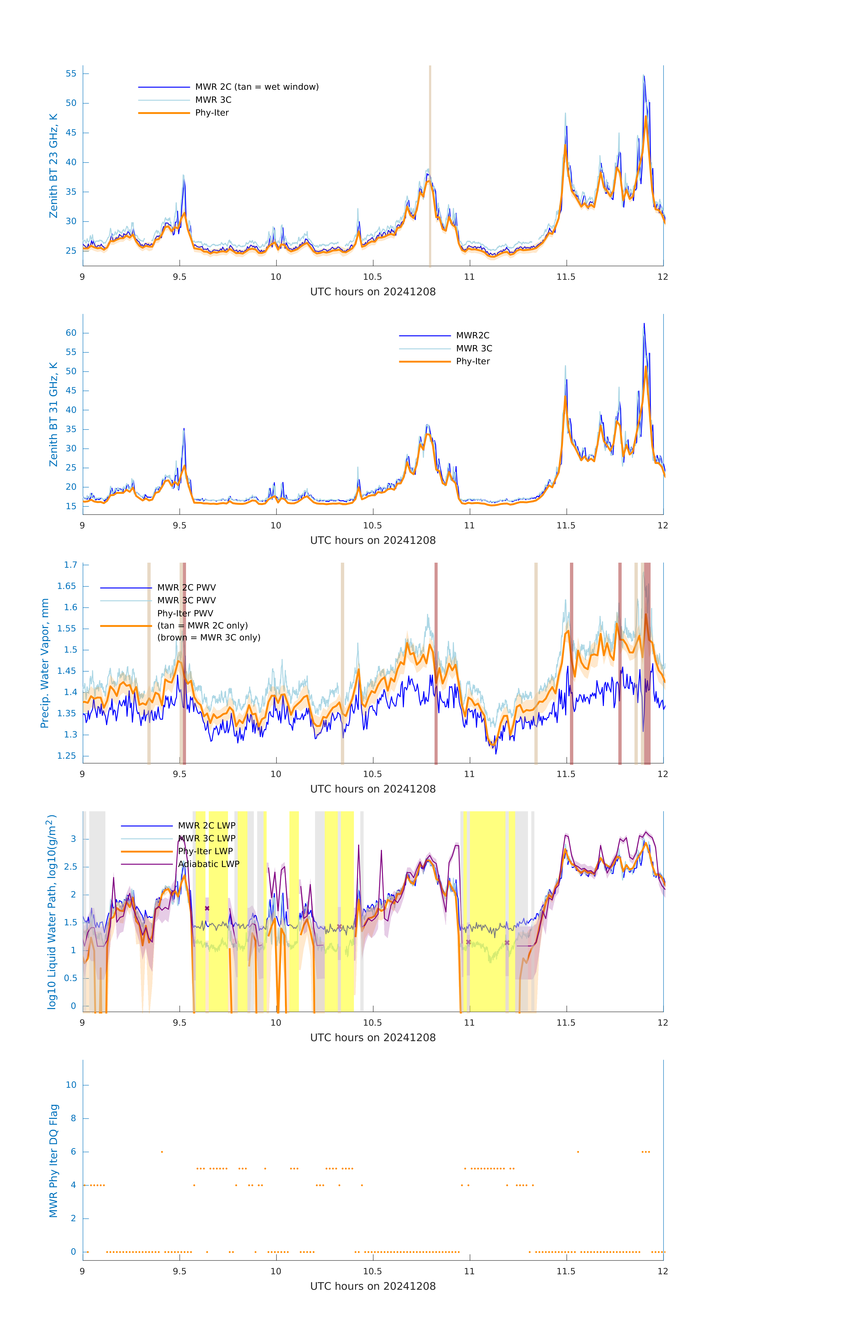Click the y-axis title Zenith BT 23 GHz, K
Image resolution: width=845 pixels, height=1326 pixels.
53,166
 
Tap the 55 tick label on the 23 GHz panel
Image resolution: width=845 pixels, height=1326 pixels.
71,74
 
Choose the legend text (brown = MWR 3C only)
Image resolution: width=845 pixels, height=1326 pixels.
209,638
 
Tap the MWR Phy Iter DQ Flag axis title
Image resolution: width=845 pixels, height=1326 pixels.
53,1161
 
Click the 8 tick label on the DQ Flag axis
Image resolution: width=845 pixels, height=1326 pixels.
73,1118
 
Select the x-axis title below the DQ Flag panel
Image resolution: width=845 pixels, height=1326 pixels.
373,1286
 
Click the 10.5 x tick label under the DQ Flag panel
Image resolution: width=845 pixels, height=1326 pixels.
373,1271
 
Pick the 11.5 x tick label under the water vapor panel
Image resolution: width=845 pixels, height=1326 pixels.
566,774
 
